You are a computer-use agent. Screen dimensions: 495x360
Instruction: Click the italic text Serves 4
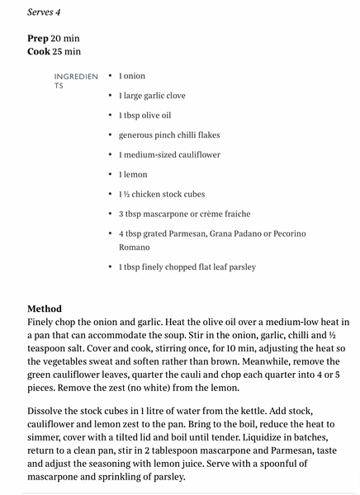click(44, 12)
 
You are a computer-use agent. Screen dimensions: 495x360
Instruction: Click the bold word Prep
click(40, 39)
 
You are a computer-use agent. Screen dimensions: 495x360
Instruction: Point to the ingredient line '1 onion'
click(131, 76)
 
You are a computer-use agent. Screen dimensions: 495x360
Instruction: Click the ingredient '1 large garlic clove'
click(154, 96)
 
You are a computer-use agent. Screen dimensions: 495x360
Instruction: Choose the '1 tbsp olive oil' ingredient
click(145, 115)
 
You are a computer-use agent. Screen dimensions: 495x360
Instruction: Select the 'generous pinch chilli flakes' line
click(168, 135)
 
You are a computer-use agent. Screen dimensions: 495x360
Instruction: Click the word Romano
click(135, 247)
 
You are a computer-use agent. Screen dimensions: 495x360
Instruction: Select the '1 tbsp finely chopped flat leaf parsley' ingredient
click(187, 267)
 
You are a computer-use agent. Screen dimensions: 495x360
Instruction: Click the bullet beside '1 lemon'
click(111, 175)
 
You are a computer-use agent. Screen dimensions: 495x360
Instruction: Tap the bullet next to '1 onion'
click(111, 76)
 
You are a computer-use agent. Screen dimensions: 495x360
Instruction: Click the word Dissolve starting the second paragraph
click(50, 411)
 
